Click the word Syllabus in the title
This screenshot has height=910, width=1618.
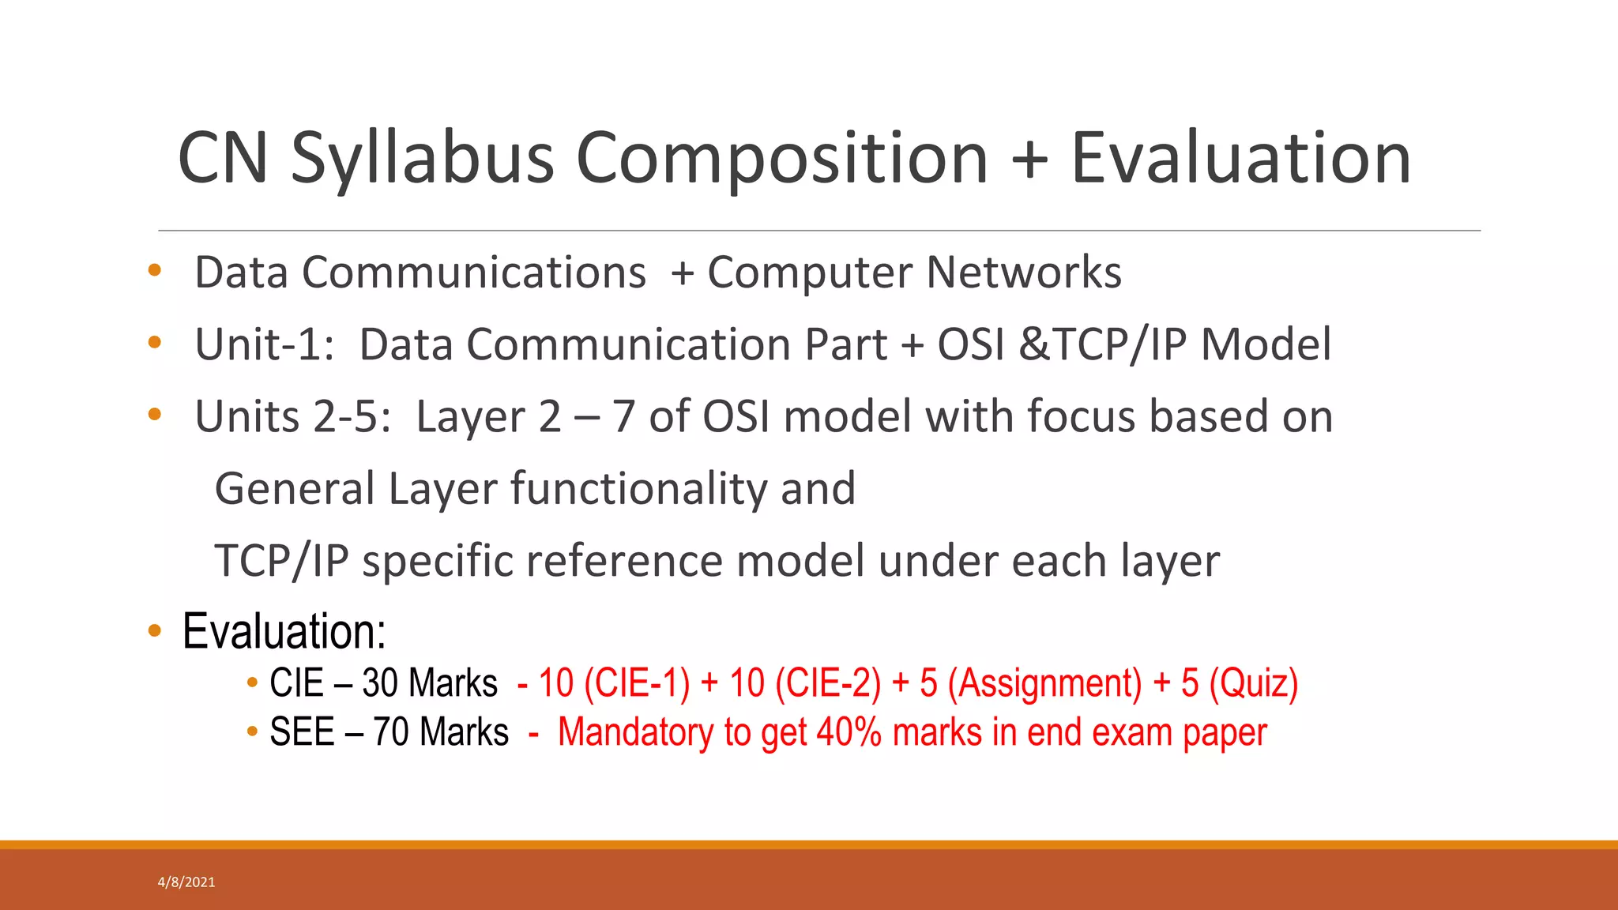point(422,160)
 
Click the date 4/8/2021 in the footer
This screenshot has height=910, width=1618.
point(186,882)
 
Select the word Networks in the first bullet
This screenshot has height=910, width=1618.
point(1023,273)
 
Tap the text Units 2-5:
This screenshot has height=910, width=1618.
point(292,417)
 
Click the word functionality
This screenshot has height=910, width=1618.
point(638,489)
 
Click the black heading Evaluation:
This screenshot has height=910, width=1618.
point(284,631)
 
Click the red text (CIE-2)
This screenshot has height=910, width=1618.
point(827,683)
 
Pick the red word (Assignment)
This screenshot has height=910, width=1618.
point(1044,683)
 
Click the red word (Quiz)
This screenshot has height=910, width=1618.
point(1253,683)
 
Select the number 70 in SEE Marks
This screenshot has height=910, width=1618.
point(390,732)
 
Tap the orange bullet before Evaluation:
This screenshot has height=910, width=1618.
point(155,631)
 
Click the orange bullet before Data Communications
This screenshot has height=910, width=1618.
point(155,271)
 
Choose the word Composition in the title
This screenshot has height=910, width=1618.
point(782,160)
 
